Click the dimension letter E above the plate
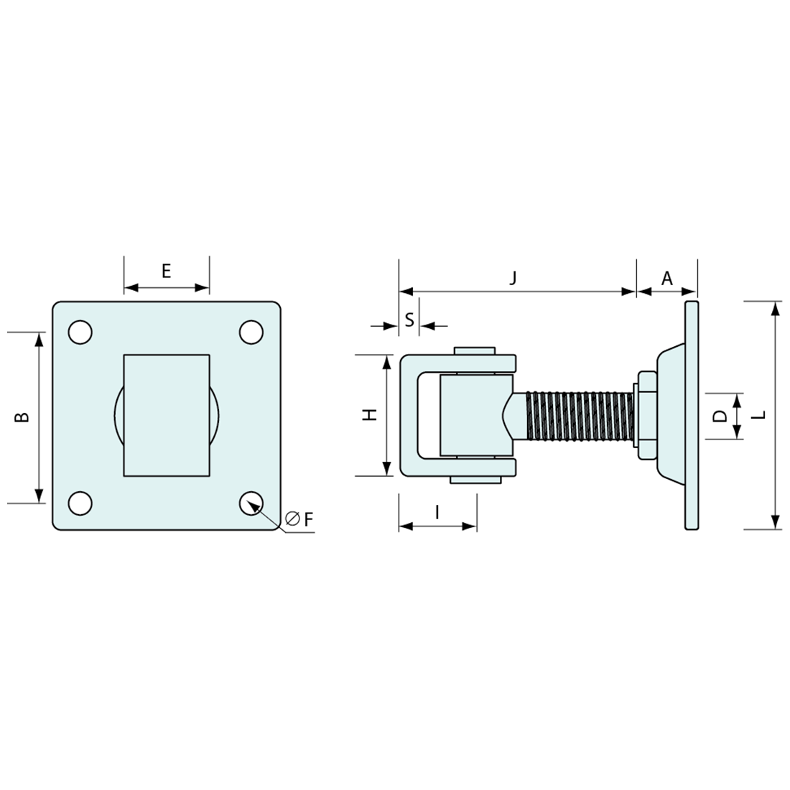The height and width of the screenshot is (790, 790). tap(166, 271)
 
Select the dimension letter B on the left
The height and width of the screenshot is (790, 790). tap(23, 417)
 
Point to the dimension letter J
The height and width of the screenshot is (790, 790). tap(513, 278)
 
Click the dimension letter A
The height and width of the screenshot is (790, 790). tap(666, 278)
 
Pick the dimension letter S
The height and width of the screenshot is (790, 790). tap(409, 320)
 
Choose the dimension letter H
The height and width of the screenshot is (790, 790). tap(370, 414)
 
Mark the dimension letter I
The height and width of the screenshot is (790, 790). tap(437, 511)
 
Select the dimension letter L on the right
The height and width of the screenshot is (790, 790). tap(761, 414)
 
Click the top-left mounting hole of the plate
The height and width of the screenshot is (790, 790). tap(80, 332)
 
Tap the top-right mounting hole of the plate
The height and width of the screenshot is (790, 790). tap(251, 332)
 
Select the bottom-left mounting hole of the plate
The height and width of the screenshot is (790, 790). tap(80, 503)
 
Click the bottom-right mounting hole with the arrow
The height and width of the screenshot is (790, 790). tap(251, 503)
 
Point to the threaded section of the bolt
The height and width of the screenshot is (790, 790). tap(579, 416)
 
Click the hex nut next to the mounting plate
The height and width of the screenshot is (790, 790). tap(644, 416)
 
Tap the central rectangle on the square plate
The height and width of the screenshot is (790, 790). tap(167, 415)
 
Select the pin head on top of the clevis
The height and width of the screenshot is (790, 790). tap(475, 350)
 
